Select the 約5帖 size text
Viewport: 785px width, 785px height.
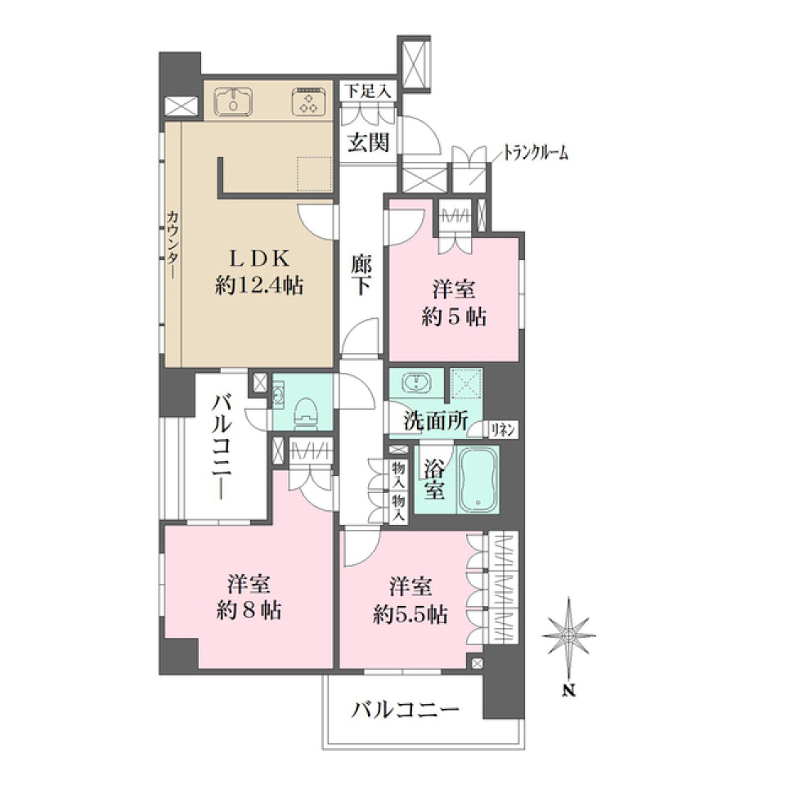tap(454, 316)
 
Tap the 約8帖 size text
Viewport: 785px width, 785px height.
tap(250, 610)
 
